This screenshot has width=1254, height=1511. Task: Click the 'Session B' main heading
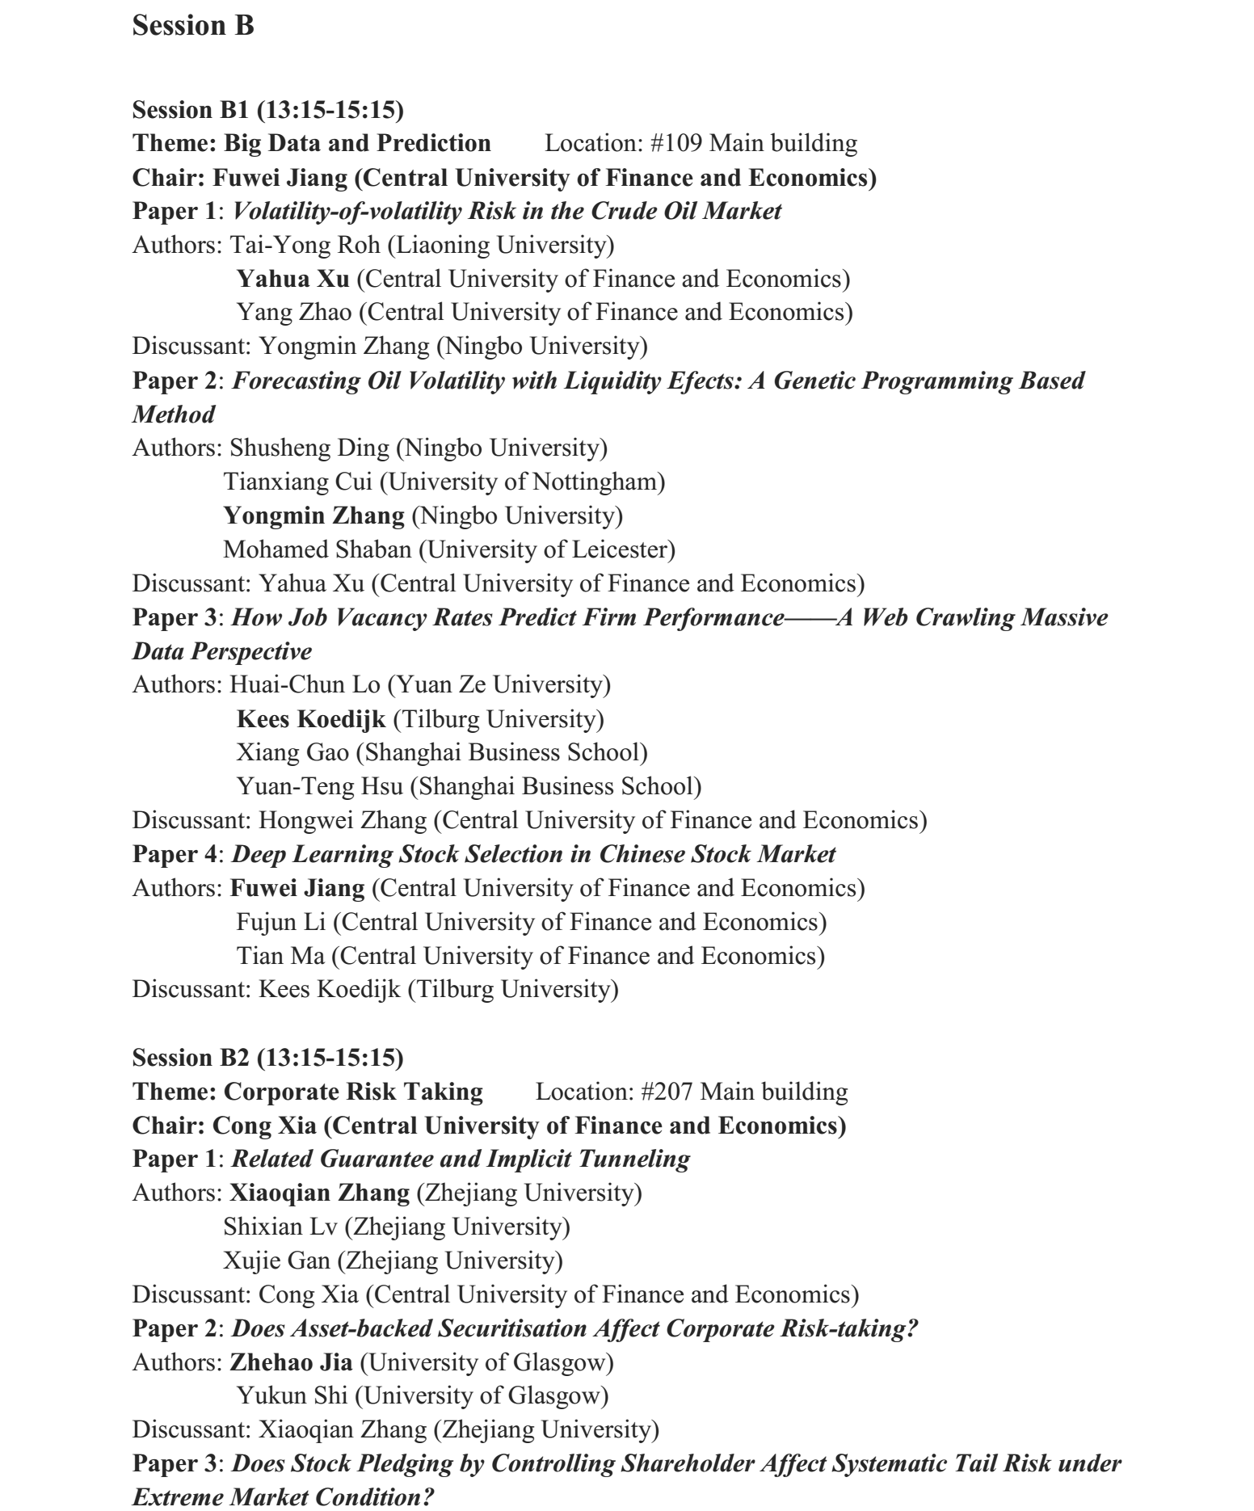[193, 26]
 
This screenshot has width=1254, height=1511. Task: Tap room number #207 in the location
[667, 1092]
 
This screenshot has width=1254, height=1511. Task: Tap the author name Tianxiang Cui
[298, 482]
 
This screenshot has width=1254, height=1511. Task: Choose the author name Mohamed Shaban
[317, 550]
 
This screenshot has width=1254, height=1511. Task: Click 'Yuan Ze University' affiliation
[499, 685]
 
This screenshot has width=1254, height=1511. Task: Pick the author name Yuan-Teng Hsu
[319, 787]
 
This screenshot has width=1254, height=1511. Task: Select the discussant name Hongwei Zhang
[343, 821]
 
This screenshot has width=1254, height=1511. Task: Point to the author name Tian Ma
[280, 957]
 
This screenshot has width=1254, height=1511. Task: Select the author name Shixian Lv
[280, 1227]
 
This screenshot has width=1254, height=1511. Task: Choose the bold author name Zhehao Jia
[291, 1363]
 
